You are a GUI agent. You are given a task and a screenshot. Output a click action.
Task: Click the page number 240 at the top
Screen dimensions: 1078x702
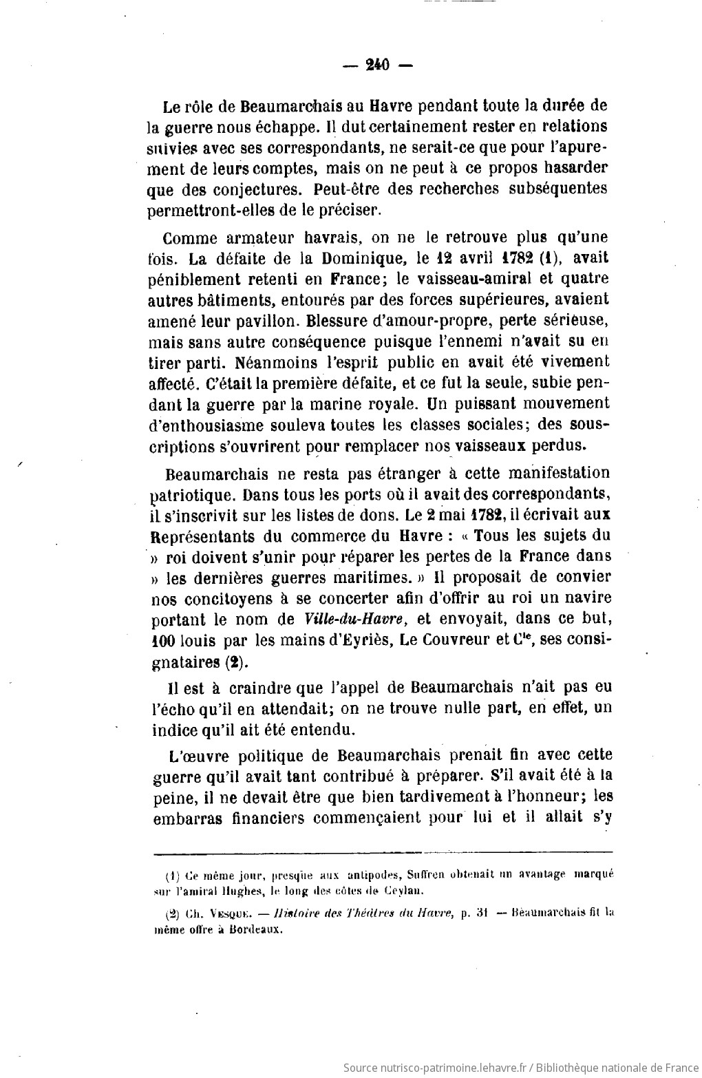coord(377,65)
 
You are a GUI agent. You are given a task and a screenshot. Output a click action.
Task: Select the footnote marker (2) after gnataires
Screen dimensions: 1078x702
coord(233,662)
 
